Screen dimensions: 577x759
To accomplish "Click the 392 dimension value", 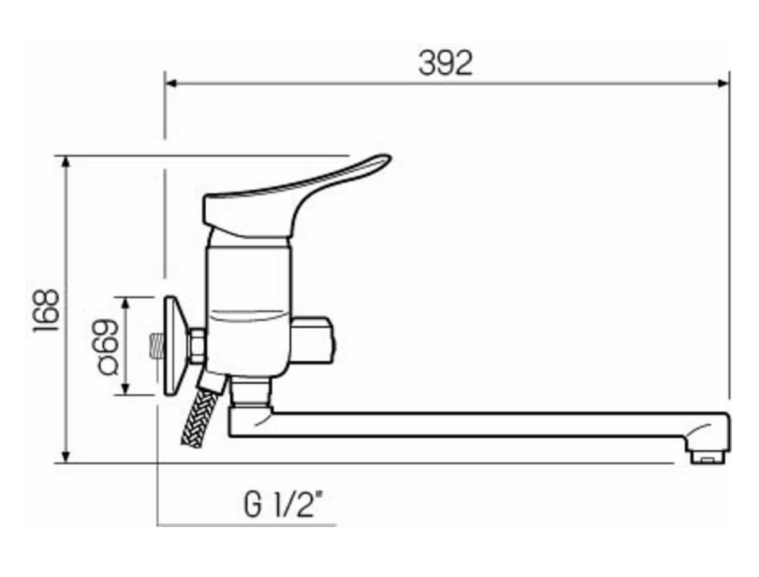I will (x=445, y=64).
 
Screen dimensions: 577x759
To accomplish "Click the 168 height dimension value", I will (x=45, y=310).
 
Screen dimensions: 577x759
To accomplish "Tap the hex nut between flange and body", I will (x=197, y=347).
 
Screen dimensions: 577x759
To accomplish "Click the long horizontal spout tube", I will (x=477, y=425).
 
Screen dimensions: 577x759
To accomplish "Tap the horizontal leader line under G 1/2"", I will (x=246, y=526).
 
